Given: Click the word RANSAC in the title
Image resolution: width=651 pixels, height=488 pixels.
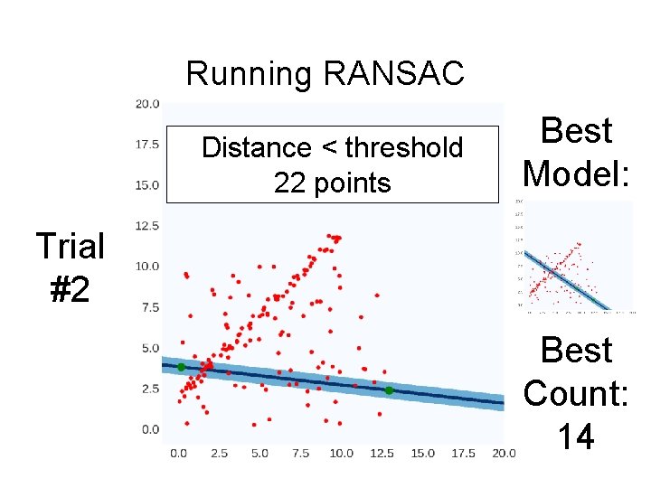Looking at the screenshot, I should tap(392, 73).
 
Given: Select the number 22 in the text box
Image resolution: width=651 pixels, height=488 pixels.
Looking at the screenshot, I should tap(289, 183).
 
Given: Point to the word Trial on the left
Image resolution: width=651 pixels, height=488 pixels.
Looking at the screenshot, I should tap(70, 245).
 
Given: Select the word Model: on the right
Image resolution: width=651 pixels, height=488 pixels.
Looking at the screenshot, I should tap(577, 171).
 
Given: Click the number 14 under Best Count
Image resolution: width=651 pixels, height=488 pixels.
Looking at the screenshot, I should tap(576, 437).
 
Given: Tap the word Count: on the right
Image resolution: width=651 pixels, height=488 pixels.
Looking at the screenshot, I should tap(576, 393).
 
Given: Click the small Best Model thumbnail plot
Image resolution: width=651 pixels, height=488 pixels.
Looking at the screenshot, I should tap(576, 256).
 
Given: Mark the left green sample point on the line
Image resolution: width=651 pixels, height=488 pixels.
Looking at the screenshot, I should tap(181, 367).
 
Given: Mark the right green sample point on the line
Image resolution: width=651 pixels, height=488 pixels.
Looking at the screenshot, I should tap(389, 390).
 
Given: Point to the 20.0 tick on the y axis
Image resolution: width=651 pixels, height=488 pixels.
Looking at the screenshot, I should tap(146, 104).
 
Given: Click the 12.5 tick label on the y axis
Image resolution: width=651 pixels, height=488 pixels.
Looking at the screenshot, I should tap(146, 226).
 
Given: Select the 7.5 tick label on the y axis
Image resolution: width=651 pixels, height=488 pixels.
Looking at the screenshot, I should tap(149, 307).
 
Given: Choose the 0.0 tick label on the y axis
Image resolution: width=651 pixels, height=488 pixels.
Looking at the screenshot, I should tap(149, 429).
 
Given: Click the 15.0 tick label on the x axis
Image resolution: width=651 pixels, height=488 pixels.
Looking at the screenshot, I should tap(422, 452).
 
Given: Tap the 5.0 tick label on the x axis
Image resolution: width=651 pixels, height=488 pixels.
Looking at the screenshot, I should tap(259, 452).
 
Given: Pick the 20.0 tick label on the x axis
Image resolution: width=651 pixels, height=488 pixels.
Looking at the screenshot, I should tap(503, 452).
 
